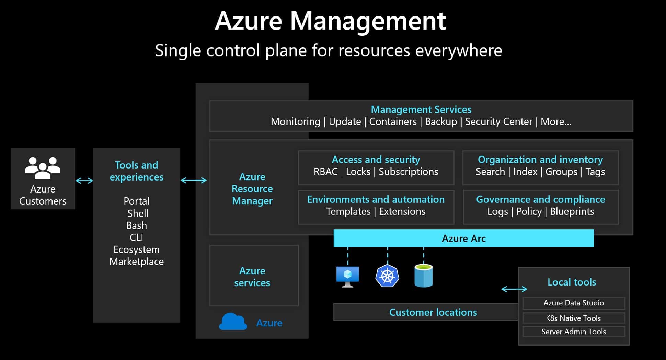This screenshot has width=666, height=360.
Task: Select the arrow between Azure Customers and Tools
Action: [x=84, y=181]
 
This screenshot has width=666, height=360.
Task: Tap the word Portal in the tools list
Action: [x=136, y=201]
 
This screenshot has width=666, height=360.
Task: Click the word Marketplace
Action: [x=136, y=262]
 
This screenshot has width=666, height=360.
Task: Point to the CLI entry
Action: [x=136, y=237]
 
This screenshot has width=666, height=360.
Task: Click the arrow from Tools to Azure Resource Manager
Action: [x=194, y=181]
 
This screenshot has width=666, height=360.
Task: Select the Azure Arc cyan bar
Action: [x=463, y=239]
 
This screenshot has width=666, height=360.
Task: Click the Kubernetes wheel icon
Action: [x=387, y=276]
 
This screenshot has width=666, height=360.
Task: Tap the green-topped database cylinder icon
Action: [x=423, y=276]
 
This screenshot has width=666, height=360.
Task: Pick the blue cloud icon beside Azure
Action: [x=233, y=322]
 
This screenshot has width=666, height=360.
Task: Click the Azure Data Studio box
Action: [x=573, y=303]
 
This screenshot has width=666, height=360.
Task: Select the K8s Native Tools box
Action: [x=573, y=318]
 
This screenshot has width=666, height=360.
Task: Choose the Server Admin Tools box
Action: [x=573, y=332]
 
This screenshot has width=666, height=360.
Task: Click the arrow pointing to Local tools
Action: [x=514, y=289]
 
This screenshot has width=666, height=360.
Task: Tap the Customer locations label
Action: [x=433, y=312]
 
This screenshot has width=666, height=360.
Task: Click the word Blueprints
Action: [x=572, y=212]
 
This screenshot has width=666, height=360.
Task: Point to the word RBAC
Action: [x=325, y=172]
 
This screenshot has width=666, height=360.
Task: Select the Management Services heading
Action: [x=421, y=109]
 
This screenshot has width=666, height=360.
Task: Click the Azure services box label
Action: [x=252, y=277]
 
